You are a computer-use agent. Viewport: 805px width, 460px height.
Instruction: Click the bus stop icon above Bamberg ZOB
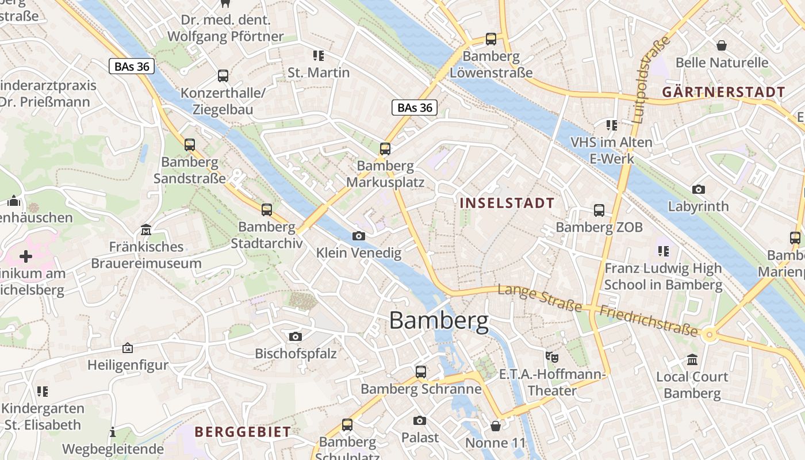599,210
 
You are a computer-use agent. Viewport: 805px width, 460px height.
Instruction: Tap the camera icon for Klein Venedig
358,236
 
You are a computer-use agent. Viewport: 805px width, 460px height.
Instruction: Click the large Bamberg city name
439,320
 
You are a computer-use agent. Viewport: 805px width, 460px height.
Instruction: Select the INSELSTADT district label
507,203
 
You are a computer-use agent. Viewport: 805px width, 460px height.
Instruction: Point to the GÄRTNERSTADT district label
723,92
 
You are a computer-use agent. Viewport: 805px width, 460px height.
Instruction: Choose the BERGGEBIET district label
243,432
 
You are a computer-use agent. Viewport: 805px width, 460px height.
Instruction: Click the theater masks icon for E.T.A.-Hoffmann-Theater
552,357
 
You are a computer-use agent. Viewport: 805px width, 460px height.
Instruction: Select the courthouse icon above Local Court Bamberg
692,360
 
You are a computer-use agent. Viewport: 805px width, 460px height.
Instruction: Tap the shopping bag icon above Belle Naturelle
721,45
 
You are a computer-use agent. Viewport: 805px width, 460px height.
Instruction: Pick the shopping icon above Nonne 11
495,426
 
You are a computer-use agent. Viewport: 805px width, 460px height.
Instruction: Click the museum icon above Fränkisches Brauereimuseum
146,230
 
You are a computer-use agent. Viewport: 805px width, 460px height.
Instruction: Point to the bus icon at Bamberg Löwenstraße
490,39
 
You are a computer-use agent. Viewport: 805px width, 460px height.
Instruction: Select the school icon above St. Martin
318,56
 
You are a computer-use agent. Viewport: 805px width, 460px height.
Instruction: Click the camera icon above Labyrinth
698,189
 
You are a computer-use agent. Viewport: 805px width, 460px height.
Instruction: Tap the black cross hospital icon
26,256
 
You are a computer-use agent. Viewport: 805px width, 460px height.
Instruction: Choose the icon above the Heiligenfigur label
128,348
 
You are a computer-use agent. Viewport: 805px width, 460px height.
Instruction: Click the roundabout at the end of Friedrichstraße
709,334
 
